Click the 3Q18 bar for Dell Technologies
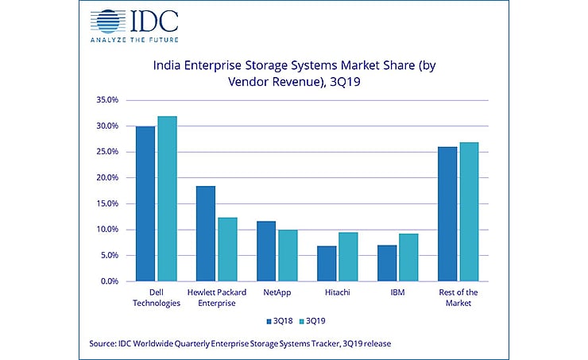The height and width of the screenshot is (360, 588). point(145,203)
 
